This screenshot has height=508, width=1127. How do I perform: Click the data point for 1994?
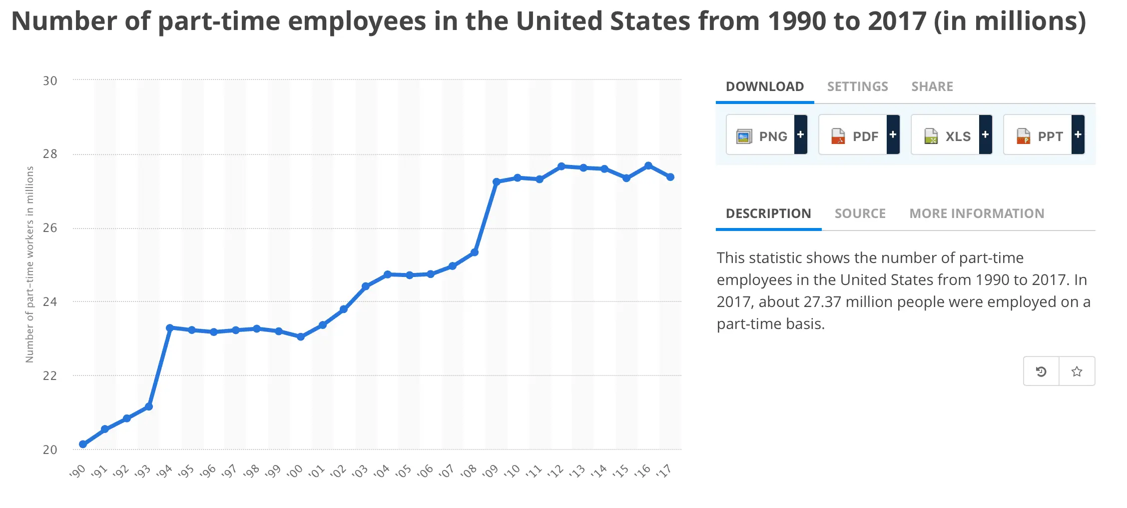(x=170, y=328)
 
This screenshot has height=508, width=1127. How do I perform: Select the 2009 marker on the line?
(x=497, y=182)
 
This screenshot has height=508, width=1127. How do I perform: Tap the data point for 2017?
(x=670, y=177)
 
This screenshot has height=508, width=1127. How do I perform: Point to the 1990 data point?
(x=83, y=444)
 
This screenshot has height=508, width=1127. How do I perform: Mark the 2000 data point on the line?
(x=301, y=337)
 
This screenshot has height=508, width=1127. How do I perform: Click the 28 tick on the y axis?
(x=50, y=154)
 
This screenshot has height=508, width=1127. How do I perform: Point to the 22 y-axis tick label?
(x=50, y=375)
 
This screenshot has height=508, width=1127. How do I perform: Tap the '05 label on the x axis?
(x=404, y=471)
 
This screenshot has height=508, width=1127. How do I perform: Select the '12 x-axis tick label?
(x=556, y=471)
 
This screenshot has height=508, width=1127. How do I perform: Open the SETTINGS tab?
(x=857, y=86)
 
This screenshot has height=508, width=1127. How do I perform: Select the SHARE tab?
(x=932, y=86)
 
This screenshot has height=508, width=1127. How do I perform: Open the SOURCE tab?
(x=860, y=213)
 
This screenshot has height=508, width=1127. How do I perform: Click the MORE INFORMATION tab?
(x=977, y=213)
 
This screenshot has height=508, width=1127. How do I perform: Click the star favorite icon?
(x=1077, y=371)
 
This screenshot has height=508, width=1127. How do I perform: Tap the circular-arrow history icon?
(x=1041, y=371)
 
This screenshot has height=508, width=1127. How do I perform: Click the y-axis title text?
(x=30, y=264)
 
